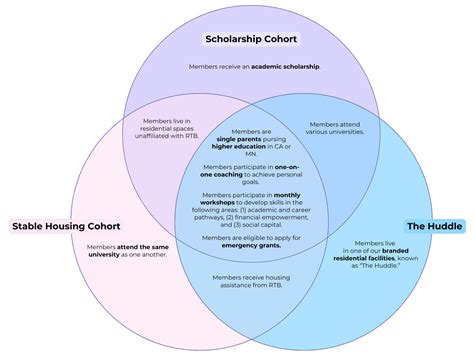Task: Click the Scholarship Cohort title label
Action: click(250, 40)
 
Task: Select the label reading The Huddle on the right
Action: click(433, 226)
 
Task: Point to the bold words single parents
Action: click(238, 140)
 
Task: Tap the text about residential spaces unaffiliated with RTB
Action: click(163, 127)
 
